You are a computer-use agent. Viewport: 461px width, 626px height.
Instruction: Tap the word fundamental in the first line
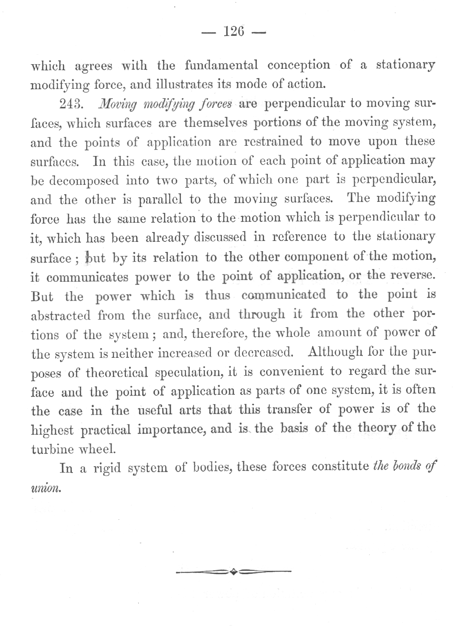click(221, 65)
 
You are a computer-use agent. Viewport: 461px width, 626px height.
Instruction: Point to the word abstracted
click(61, 315)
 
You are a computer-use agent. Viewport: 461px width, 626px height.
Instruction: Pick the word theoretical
click(117, 373)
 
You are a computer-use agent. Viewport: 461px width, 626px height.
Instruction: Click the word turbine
click(50, 449)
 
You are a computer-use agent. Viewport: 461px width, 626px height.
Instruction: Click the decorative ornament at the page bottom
click(233, 572)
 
